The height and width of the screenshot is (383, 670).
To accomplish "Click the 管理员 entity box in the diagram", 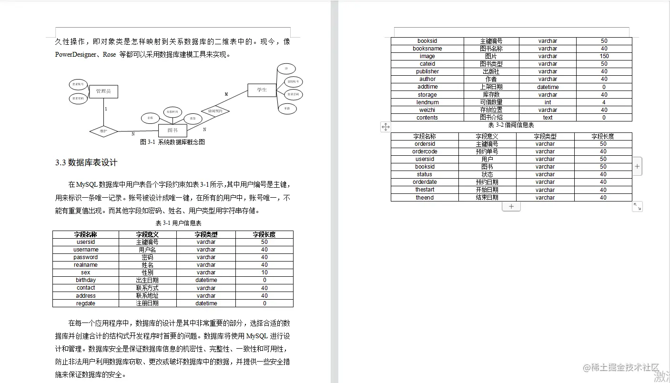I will coord(103,91).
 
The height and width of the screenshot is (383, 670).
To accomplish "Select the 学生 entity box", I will coord(262,90).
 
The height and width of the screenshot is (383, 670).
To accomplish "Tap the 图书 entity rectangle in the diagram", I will coord(173,130).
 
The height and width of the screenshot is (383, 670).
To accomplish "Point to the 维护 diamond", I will coord(103,131).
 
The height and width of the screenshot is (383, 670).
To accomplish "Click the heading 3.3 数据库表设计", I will coord(86,163).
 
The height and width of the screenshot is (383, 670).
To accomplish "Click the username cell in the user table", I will coord(86,250).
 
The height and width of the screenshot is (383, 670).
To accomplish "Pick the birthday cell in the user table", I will coord(86,280).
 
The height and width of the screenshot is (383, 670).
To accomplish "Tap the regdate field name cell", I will coord(86,303).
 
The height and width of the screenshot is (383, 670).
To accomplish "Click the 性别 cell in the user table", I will coord(147,272).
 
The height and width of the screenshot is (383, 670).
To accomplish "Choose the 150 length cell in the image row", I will coord(604,56).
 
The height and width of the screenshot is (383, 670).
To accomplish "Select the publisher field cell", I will coord(427,71).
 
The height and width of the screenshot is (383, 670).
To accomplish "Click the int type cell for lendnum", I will coord(548,102).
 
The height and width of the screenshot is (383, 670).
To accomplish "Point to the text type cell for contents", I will coord(548,118).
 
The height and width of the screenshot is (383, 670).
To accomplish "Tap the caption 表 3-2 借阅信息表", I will coord(511,125).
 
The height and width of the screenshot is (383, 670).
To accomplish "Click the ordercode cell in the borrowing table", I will coord(425,151).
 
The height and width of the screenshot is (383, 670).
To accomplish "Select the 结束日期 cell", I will coord(487,198).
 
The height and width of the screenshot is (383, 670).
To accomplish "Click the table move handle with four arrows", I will coord(386,127).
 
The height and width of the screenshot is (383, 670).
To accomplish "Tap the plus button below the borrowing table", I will coord(511,207).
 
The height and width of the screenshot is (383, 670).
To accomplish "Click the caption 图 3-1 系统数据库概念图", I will coord(173,142).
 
